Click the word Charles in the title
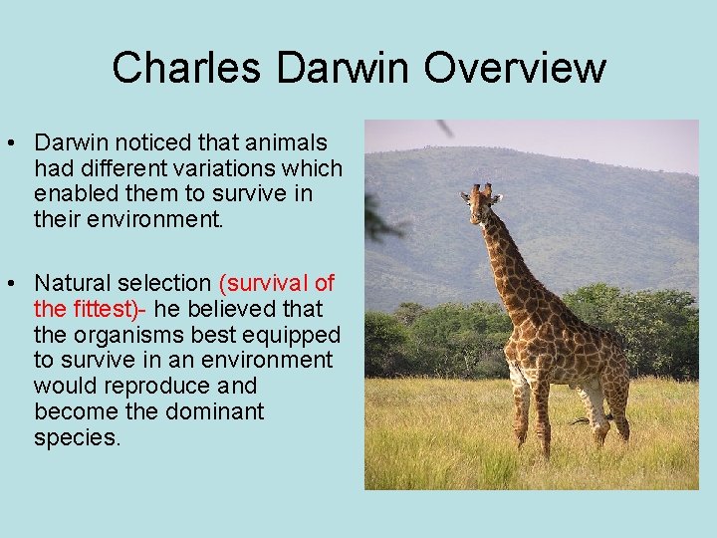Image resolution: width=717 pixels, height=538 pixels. coord(188,68)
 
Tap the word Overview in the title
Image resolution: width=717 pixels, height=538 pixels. coord(515,68)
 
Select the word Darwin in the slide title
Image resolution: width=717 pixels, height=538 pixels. coord(344,68)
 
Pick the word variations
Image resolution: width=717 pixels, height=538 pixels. coord(230,169)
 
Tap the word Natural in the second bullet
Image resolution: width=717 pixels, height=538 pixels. coord(73,285)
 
